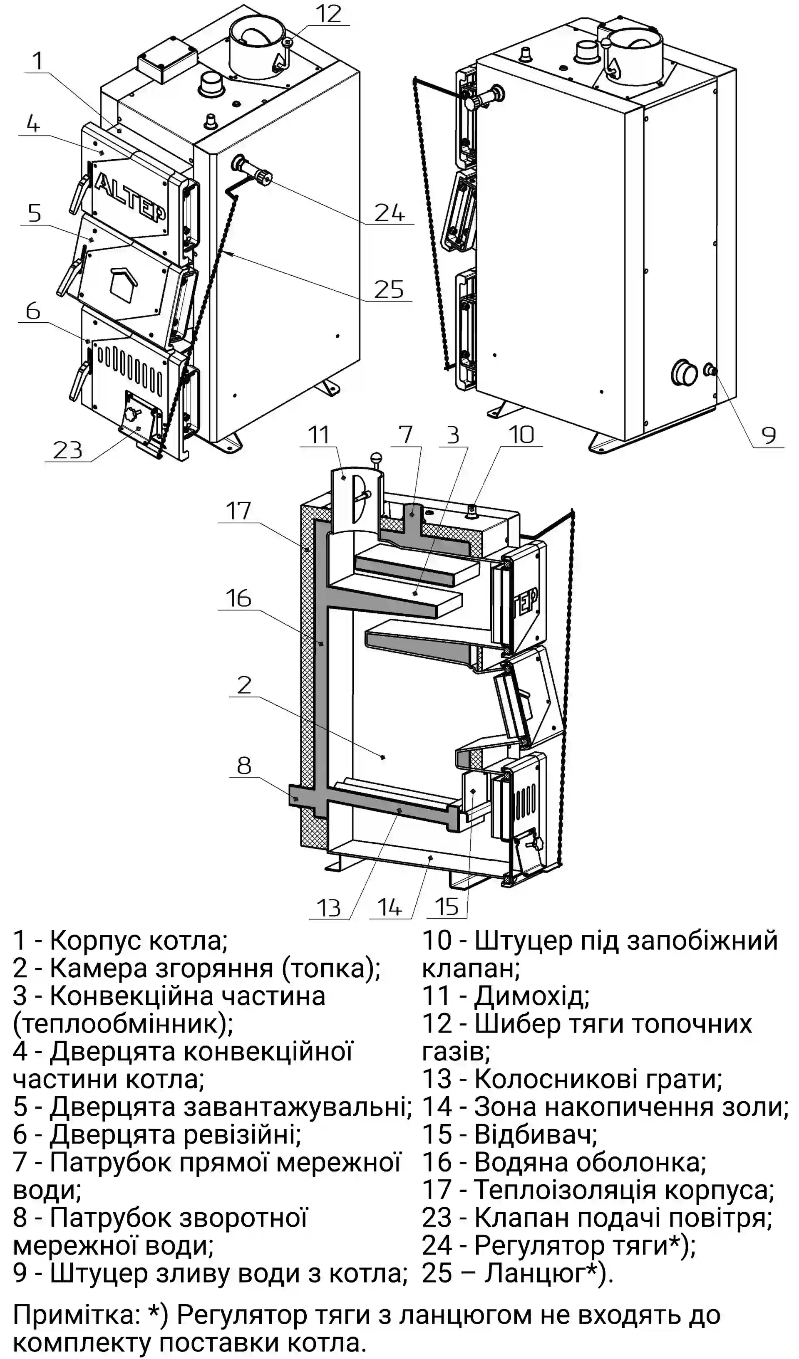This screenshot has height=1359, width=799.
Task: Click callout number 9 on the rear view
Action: [768, 435]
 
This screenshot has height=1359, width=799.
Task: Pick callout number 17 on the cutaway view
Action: [238, 510]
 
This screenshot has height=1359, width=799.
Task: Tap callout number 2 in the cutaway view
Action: [244, 685]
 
